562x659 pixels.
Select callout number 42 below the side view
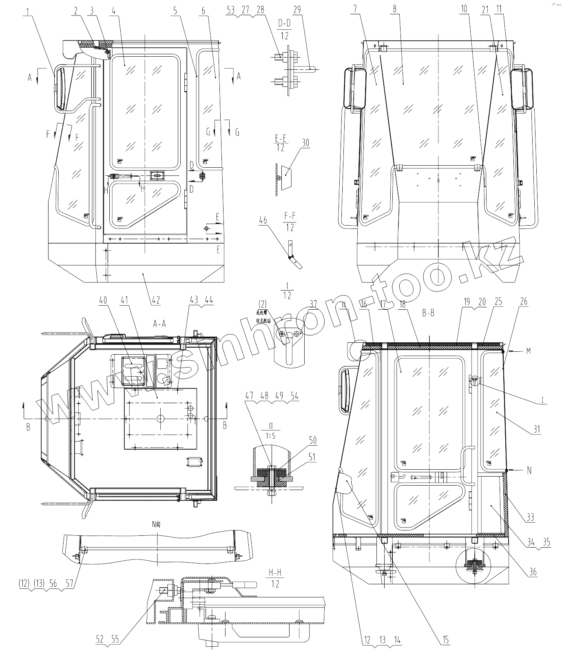click(x=155, y=301)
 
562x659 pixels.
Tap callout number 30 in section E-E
click(x=305, y=143)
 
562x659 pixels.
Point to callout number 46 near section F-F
click(x=263, y=221)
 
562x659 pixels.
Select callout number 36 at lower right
click(x=533, y=572)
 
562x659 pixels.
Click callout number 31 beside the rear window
click(x=537, y=429)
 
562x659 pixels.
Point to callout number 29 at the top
click(x=297, y=10)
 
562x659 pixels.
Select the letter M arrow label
click(x=529, y=351)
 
